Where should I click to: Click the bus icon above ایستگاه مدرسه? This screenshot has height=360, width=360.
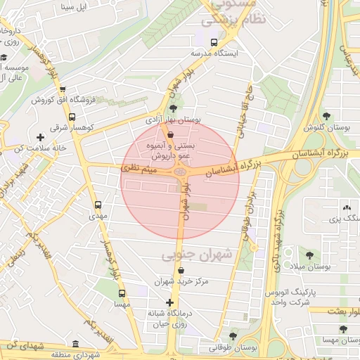tap(214, 42)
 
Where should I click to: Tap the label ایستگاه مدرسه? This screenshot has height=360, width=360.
tap(217, 53)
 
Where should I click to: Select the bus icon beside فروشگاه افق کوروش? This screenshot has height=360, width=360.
tap(63, 89)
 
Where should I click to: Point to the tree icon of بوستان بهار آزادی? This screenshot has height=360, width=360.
tap(174, 108)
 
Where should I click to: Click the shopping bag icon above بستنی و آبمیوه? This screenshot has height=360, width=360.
tap(171, 133)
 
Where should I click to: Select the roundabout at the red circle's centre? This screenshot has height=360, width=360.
tap(181, 171)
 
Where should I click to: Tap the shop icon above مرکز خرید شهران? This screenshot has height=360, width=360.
tap(181, 270)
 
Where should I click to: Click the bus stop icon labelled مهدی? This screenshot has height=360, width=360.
tap(98, 205)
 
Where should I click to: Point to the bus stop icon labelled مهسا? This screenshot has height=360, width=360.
tap(122, 293)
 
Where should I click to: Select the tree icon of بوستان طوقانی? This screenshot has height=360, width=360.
tap(233, 335)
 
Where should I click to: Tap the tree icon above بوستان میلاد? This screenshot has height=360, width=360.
tap(310, 255)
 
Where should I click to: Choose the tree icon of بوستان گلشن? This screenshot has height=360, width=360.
tap(326, 116)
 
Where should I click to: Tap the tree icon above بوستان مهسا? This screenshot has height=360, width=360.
tap(342, 328)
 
